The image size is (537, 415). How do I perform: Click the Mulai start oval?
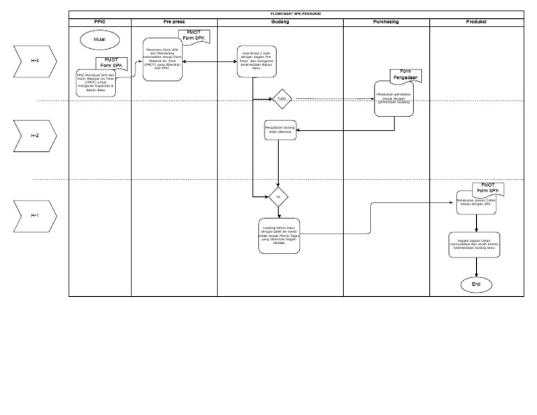(99, 41)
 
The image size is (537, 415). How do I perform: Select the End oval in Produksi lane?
(476, 284)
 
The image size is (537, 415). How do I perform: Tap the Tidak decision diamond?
(282, 99)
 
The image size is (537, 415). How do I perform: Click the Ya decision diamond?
(278, 197)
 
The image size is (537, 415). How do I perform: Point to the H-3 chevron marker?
(34, 61)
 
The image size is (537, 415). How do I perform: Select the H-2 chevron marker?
(34, 136)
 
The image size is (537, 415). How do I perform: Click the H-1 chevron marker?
(34, 215)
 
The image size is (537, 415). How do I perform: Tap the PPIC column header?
(100, 22)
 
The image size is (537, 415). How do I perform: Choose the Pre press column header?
(174, 22)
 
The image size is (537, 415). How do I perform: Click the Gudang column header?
(280, 22)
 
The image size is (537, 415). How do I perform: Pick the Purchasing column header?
(386, 22)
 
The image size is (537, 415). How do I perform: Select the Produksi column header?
(476, 22)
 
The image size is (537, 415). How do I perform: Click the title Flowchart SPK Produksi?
(296, 14)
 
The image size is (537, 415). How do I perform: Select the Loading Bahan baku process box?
(279, 235)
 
